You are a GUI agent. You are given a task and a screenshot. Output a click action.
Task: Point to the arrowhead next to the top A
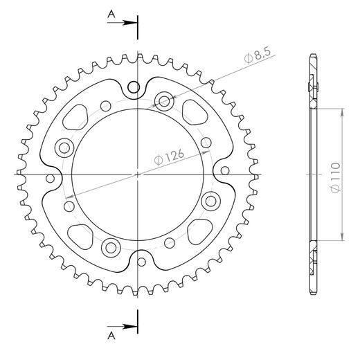coord(132,22)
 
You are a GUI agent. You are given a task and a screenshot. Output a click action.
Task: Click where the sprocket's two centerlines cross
coord(138,174)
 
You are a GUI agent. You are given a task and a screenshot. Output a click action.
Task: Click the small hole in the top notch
coord(136,87)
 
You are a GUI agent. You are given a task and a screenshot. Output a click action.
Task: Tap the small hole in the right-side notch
coord(225,170)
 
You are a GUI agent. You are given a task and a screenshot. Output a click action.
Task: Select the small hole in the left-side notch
coord(51,179)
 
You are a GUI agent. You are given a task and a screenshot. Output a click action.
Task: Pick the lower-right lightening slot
coord(201,230)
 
